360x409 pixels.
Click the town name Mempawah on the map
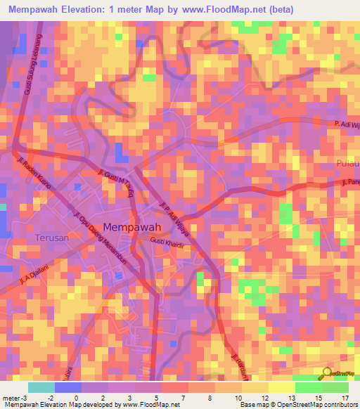tap(133, 228)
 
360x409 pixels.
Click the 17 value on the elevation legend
tap(344, 397)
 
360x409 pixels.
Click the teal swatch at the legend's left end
tap(41, 387)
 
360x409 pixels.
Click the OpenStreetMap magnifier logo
tap(328, 375)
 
